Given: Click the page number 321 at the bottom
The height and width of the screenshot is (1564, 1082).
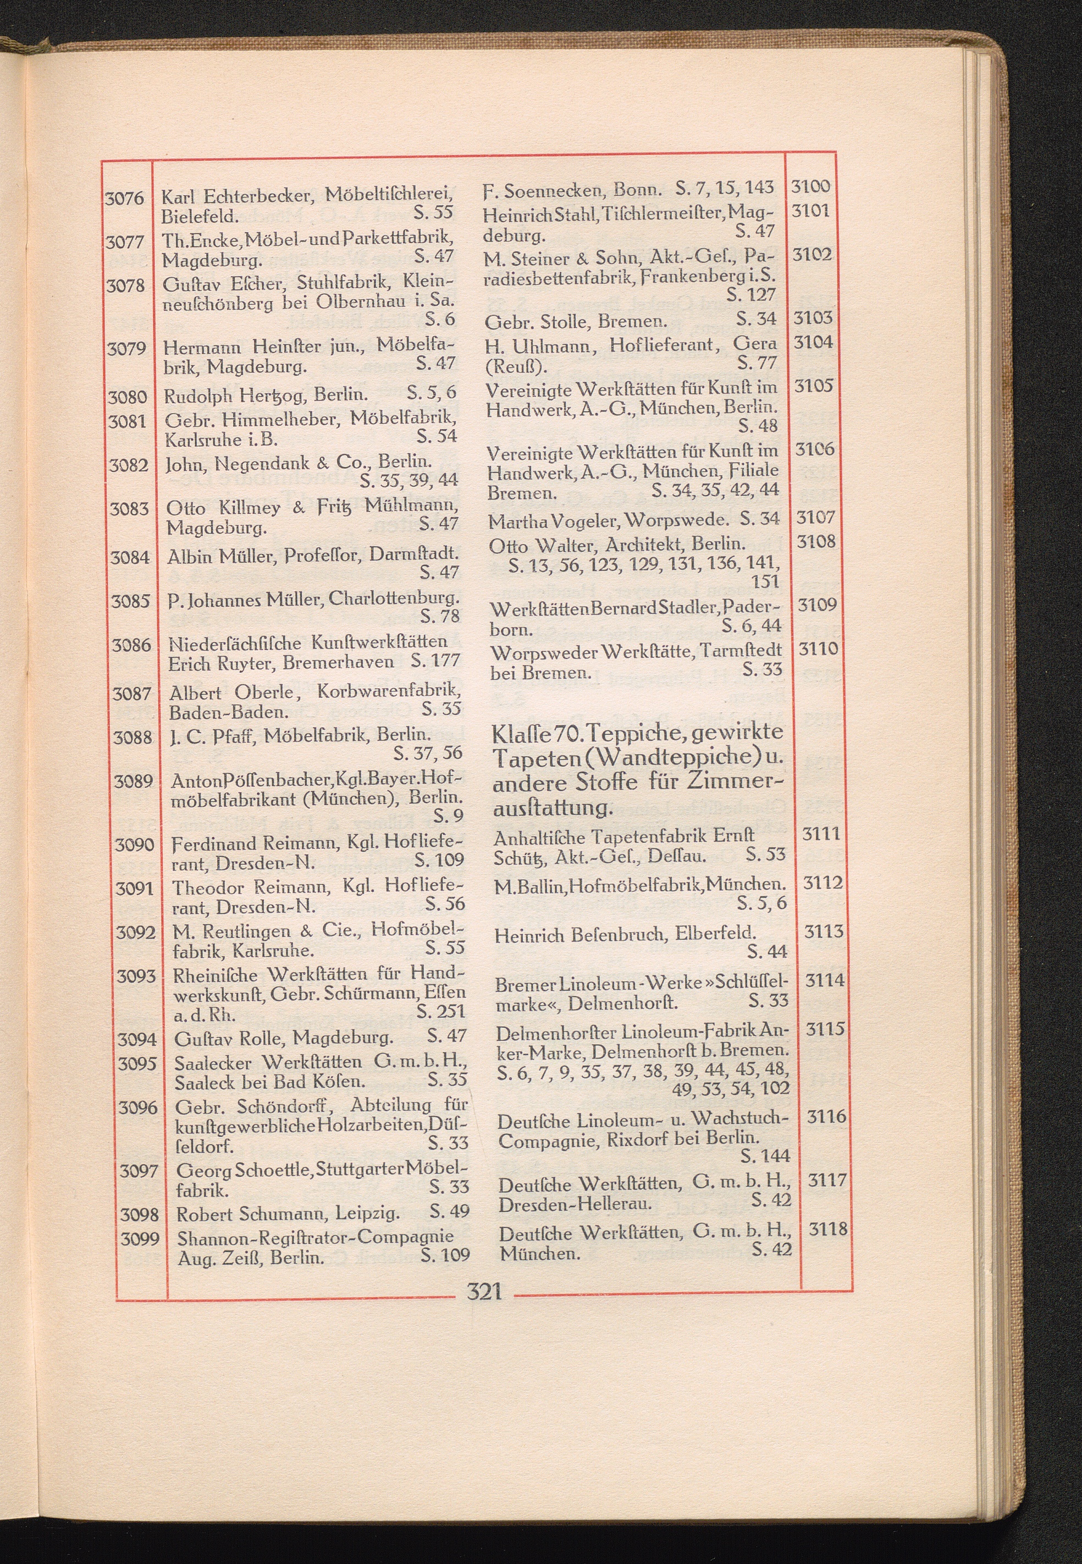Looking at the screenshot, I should (x=484, y=1291).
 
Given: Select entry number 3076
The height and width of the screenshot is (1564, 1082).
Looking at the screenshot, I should (x=125, y=198).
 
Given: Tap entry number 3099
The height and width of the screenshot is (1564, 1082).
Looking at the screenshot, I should (x=140, y=1238).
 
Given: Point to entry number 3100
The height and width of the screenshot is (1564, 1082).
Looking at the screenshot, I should (x=810, y=186).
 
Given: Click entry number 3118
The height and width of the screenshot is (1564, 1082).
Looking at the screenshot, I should (x=828, y=1228).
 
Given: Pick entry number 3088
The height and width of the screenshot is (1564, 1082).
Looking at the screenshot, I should (x=134, y=737).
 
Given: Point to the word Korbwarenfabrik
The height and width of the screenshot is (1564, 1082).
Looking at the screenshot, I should (x=389, y=692).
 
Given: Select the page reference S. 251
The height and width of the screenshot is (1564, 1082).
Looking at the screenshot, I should (x=441, y=1011).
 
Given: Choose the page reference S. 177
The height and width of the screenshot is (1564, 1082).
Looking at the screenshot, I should (x=435, y=660).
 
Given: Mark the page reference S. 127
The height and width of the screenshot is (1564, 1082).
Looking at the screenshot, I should (x=750, y=294).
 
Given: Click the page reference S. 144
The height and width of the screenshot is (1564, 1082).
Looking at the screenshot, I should (x=765, y=1155).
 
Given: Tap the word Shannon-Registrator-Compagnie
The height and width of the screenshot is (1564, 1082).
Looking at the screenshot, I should (x=315, y=1237).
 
